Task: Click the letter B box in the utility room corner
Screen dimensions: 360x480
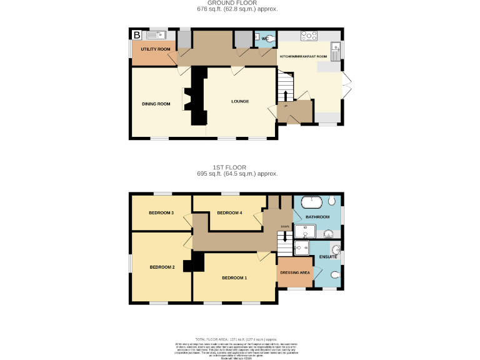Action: click(136, 35)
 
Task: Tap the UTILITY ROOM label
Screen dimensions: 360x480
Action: click(156, 49)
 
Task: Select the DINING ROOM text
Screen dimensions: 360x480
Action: click(156, 104)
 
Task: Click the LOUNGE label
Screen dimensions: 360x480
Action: click(240, 101)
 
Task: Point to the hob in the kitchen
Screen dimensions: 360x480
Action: click(309, 36)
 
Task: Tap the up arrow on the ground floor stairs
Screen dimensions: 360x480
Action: click(286, 94)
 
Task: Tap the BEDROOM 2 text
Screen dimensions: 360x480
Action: click(162, 267)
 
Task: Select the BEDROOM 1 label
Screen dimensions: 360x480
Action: click(234, 277)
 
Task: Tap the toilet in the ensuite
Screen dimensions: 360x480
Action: click(334, 275)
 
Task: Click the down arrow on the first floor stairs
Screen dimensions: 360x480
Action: click(285, 236)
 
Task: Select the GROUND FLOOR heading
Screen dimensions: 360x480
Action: click(237, 3)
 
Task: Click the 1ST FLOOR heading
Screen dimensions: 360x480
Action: click(237, 167)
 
